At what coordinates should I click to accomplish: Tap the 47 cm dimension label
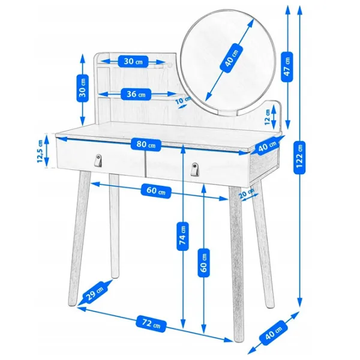[x=287, y=67]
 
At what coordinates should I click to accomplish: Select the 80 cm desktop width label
[x=146, y=145]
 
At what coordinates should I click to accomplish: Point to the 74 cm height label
[x=183, y=236]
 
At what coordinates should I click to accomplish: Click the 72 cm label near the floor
[x=151, y=324]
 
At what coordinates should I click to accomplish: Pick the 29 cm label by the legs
[x=94, y=292]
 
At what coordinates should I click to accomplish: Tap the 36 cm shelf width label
[x=136, y=94]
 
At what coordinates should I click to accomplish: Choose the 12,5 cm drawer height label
[x=40, y=151]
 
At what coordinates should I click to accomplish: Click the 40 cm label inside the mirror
[x=231, y=59]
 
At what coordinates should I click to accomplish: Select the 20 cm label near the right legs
[x=246, y=193]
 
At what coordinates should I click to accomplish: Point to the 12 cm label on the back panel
[x=267, y=117]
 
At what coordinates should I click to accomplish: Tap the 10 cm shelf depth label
[x=183, y=100]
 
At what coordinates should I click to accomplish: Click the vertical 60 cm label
[x=203, y=263]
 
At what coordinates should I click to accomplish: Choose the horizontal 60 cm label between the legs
[x=156, y=191]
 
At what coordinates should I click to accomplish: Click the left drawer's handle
[x=98, y=160]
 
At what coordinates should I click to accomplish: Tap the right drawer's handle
[x=194, y=169]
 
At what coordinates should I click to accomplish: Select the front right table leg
[x=237, y=263]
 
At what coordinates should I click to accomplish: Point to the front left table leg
[x=79, y=238]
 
